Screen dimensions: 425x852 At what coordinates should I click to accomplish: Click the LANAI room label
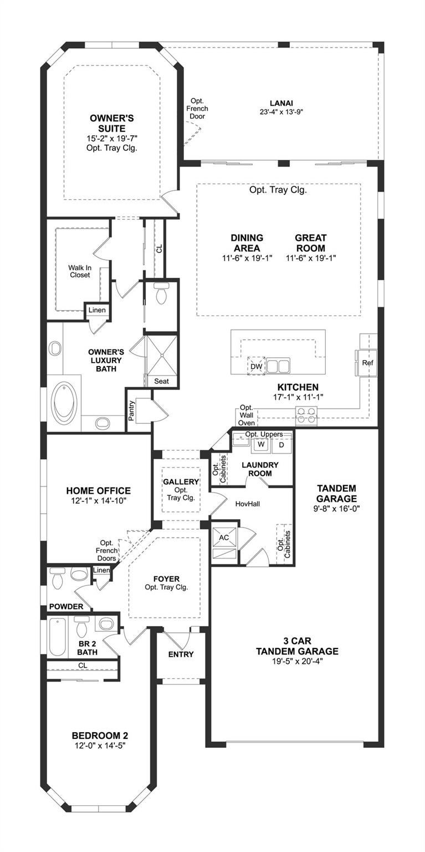pos(281,103)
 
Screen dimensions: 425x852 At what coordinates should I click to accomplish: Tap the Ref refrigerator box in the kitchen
pos(367,362)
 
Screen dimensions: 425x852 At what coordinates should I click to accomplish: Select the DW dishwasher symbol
pos(257,366)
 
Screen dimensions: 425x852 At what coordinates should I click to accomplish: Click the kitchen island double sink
pos(278,366)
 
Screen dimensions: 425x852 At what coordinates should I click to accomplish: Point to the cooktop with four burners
pos(306,414)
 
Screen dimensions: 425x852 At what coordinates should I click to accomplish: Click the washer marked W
pos(261,444)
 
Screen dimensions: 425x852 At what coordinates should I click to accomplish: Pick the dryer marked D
pos(281,445)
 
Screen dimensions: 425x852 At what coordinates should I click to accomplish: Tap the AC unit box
pos(224,537)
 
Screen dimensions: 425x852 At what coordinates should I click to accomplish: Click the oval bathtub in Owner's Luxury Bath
pos(65,402)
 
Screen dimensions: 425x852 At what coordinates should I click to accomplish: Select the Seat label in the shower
pos(161,381)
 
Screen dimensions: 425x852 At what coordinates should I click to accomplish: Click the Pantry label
pos(131,410)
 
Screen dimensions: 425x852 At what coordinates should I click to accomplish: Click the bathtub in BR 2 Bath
pos(58,637)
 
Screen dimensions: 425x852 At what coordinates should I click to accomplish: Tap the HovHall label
pos(248,504)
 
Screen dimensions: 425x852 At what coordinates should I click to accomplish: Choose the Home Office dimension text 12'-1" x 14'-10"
pos(99,500)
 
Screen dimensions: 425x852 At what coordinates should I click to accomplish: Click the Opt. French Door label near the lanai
pos(197,108)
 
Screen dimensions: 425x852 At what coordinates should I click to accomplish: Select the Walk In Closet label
pos(80,271)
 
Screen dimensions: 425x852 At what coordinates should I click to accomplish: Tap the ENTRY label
pos(181,654)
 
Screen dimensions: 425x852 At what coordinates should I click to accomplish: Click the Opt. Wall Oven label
pos(247,415)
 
